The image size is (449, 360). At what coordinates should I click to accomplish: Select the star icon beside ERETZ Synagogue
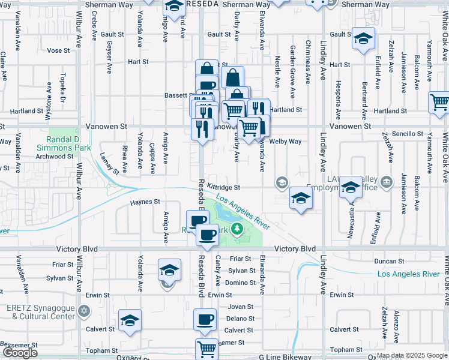tap(84, 311)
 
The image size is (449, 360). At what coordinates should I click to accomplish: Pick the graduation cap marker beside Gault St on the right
tap(363, 39)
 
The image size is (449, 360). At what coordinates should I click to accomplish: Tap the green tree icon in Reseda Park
tap(238, 228)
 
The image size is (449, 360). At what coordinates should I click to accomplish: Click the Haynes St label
tap(146, 202)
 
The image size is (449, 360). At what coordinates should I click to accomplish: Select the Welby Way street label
tap(285, 142)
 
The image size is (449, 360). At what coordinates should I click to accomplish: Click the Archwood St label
tap(55, 157)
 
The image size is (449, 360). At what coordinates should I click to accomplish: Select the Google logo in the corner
tap(20, 353)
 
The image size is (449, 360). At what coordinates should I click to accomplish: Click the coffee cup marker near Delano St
tap(205, 319)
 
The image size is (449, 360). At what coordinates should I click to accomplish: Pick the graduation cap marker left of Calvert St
tap(129, 321)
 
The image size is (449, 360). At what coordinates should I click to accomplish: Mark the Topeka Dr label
tap(62, 88)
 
